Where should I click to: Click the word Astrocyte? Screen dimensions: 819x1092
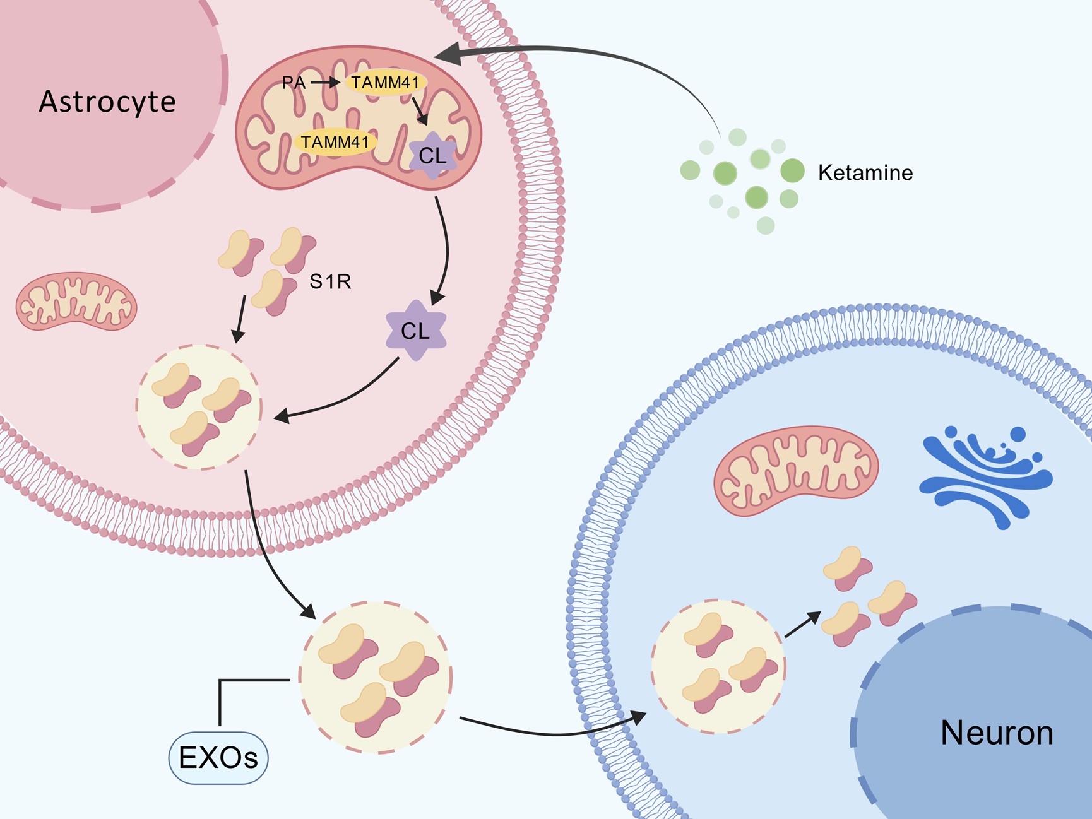click(107, 102)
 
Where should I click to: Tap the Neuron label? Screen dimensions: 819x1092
click(997, 733)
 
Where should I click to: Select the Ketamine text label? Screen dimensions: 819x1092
click(865, 173)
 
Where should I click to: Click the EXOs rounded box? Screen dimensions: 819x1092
click(218, 758)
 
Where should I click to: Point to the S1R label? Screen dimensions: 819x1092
click(329, 281)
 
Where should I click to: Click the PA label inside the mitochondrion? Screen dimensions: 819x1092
click(294, 83)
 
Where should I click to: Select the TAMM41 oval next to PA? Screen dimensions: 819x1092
click(385, 83)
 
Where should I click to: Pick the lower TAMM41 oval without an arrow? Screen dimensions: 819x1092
click(335, 142)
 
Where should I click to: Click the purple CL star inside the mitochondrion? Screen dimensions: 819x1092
click(432, 155)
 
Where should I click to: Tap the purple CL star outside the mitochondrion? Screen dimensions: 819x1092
click(415, 331)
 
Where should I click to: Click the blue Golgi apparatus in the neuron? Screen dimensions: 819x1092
click(985, 476)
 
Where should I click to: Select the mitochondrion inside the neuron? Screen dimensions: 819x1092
click(796, 470)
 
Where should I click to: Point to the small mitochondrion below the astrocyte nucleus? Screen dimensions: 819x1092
click(76, 302)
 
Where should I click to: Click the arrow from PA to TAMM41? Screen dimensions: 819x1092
click(326, 83)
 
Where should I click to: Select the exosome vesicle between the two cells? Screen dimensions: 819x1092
click(376, 677)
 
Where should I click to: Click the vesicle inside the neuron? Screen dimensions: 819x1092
click(718, 666)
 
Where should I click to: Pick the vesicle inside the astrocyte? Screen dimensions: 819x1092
click(199, 407)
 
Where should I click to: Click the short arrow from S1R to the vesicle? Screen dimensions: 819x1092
click(239, 319)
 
